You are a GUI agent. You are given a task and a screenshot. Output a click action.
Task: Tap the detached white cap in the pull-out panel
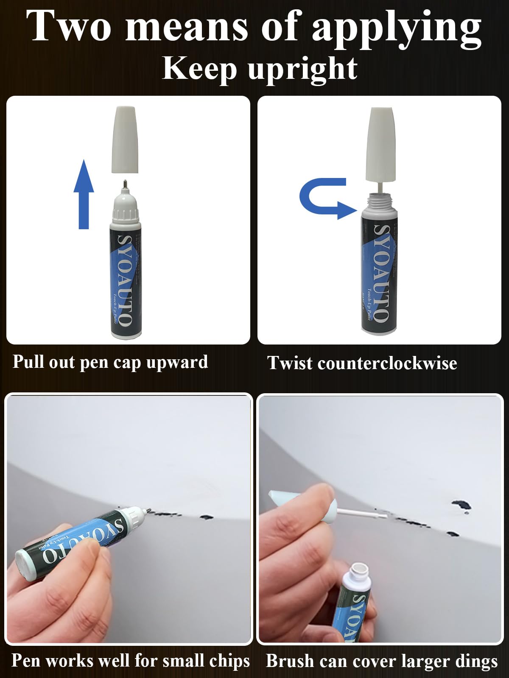tap(125, 140)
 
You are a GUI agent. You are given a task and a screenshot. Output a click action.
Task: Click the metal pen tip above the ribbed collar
tap(125, 185)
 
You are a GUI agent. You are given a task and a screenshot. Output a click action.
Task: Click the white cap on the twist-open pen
tap(380, 144)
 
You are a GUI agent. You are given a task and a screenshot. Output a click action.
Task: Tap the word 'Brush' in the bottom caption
tap(290, 661)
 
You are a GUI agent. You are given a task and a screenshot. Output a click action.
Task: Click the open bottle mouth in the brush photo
tap(358, 570)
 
